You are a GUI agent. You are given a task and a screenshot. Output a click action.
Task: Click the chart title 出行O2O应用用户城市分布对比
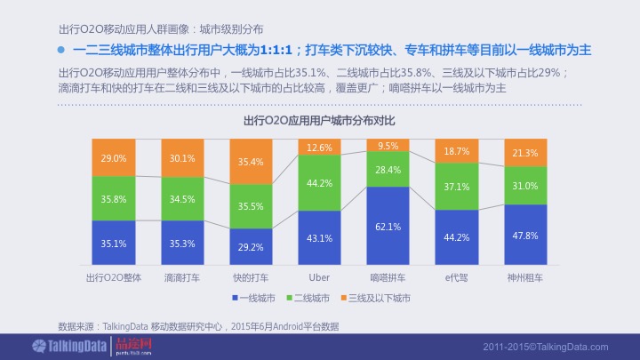319,120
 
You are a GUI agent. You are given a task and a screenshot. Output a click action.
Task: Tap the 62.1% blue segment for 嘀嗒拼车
388,227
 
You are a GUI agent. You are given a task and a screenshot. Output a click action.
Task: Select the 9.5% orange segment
388,145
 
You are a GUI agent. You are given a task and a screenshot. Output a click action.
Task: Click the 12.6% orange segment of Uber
319,148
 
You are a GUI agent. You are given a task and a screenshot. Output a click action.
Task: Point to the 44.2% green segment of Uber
319,183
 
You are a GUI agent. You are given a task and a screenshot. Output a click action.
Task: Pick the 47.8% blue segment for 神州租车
524,236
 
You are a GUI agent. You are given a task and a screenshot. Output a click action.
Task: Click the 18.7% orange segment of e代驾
456,152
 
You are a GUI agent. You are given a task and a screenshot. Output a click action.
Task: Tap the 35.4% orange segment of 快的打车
251,162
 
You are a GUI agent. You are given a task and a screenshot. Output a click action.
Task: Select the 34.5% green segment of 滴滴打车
182,199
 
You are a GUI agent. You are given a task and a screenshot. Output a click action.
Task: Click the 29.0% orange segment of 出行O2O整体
114,158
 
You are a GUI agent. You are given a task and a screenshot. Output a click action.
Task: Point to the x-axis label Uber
319,277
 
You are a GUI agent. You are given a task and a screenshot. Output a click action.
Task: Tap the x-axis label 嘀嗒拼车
388,277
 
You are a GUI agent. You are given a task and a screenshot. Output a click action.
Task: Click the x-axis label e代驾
456,277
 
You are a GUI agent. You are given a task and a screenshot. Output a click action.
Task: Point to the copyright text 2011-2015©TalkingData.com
547,346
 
